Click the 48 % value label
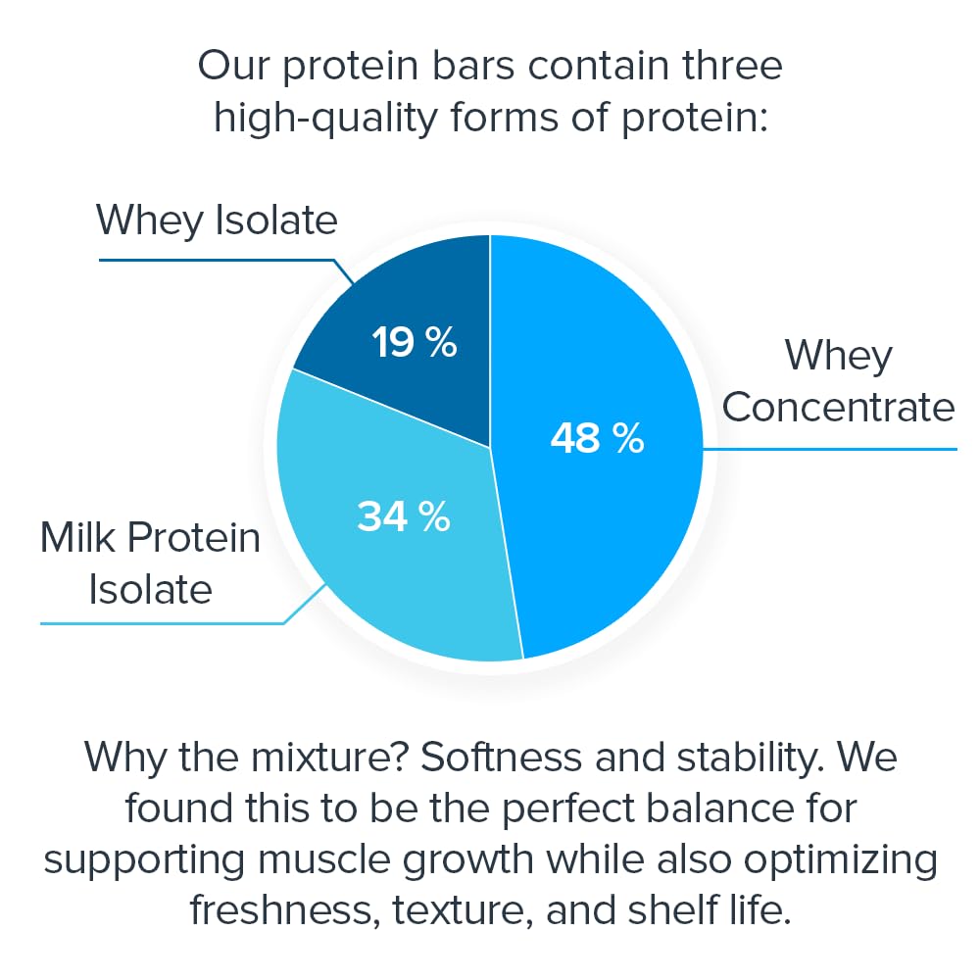pyautogui.click(x=597, y=438)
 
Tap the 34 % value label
pyautogui.click(x=403, y=516)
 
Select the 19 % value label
pyautogui.click(x=414, y=343)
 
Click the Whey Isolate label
pyautogui.click(x=217, y=220)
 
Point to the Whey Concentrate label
pyautogui.click(x=838, y=381)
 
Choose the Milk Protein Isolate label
pyautogui.click(x=150, y=563)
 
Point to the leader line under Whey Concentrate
pyautogui.click(x=833, y=450)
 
